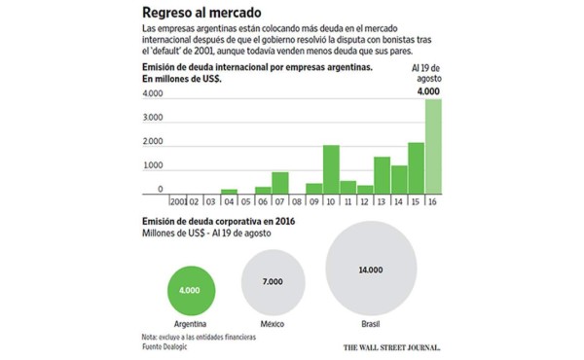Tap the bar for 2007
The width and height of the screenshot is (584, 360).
click(280, 184)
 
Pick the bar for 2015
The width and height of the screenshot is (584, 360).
click(416, 169)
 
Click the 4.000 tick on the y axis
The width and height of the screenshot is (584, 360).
click(153, 94)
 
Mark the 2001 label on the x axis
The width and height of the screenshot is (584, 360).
click(178, 202)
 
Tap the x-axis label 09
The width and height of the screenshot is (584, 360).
click(313, 202)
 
